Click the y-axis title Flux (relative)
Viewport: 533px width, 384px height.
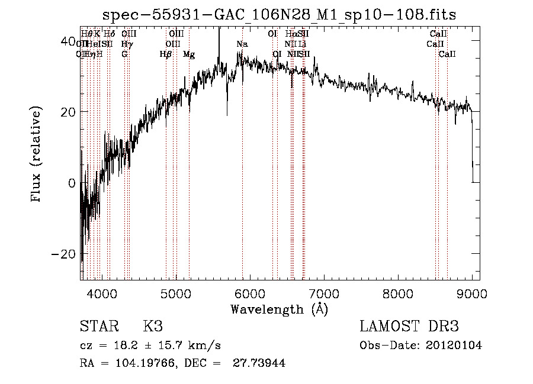coord(37,155)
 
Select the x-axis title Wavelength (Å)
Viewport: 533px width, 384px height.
coord(280,309)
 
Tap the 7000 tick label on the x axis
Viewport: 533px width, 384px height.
coord(324,293)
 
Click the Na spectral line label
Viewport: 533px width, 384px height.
coord(242,44)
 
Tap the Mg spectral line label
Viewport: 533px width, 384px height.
coord(189,54)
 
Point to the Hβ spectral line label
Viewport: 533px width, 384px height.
coord(166,54)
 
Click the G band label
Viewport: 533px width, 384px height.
coord(124,54)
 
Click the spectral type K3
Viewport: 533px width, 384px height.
coord(153,327)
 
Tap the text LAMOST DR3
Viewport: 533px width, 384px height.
coord(409,327)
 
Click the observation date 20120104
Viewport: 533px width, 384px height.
coord(454,346)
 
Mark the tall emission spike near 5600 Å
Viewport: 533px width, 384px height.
coord(219,36)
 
